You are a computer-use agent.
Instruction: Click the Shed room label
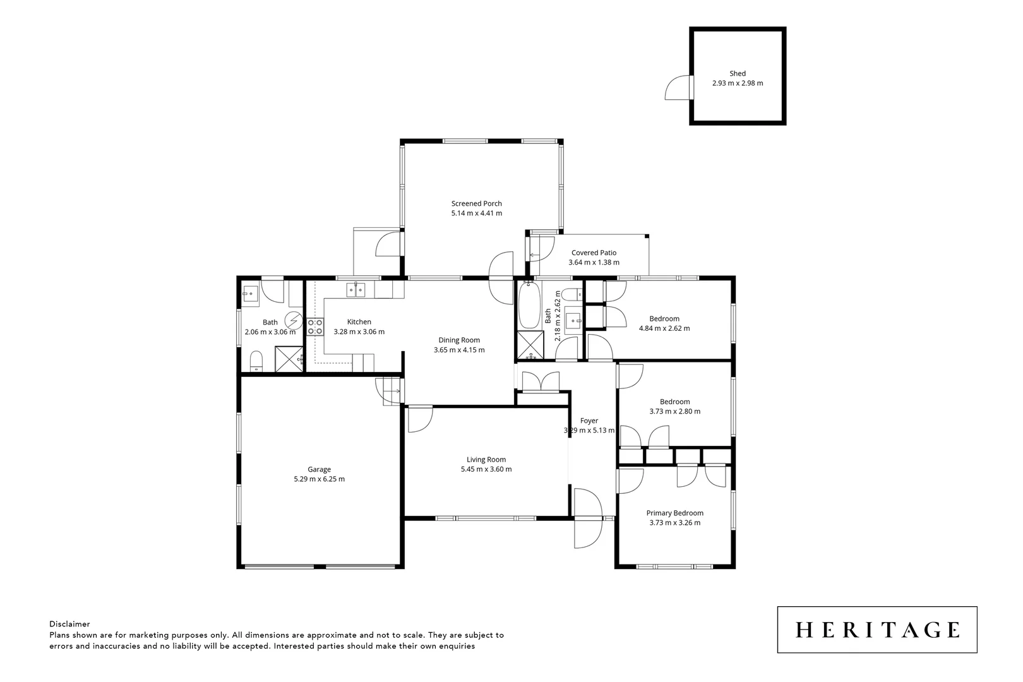pos(737,74)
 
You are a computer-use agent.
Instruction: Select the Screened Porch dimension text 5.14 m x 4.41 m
pos(476,213)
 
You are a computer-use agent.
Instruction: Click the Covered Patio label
pos(594,253)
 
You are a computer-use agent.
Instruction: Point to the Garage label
pos(319,469)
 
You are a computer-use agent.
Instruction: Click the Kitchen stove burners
pos(315,326)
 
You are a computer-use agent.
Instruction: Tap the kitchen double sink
pos(356,290)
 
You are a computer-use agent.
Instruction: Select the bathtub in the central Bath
pos(528,306)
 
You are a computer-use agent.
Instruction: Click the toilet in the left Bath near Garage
pos(256,361)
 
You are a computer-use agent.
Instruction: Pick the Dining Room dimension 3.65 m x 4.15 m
pos(459,350)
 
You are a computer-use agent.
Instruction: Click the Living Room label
pos(486,460)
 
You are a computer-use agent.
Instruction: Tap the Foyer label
pos(589,421)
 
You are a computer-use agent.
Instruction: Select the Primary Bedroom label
pos(674,513)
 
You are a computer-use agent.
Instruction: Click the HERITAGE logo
pos(877,630)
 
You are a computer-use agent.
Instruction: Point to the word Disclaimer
pos(69,624)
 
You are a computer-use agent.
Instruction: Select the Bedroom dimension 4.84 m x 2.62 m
pos(664,328)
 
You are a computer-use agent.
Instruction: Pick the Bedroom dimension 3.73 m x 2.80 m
pos(674,411)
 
